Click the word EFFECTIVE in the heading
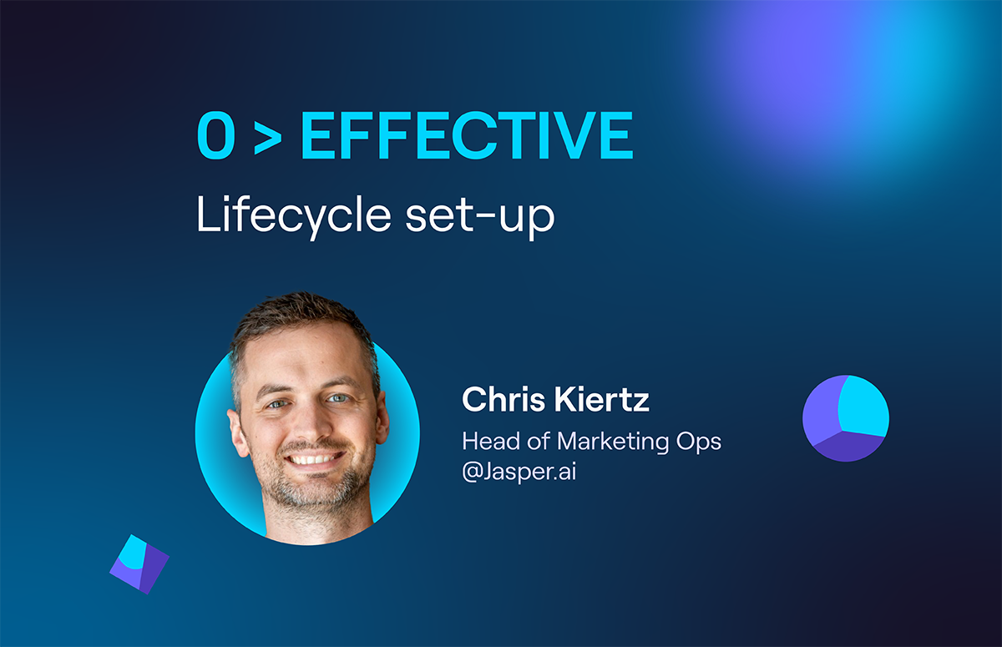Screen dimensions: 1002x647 (467, 135)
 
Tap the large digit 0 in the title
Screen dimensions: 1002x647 (216, 135)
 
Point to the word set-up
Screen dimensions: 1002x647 (480, 218)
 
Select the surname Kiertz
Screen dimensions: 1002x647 (602, 399)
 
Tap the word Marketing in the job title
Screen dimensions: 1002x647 (613, 442)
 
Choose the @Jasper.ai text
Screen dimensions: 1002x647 (519, 472)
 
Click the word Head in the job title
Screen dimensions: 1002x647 (491, 441)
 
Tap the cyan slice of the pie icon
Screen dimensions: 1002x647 (863, 406)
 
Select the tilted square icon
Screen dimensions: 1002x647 (139, 564)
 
